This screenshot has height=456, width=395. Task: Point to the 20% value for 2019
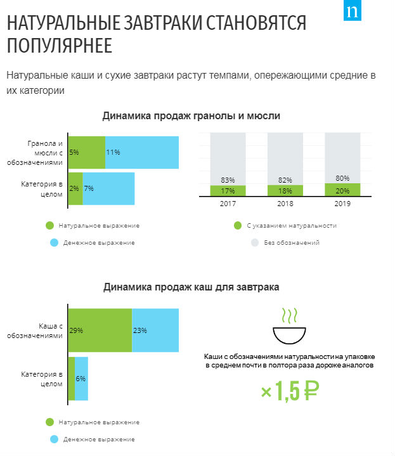click(342, 190)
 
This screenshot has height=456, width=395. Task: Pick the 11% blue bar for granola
click(142, 152)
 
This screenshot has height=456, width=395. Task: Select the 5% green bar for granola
click(87, 152)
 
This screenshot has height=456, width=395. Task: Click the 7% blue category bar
click(108, 188)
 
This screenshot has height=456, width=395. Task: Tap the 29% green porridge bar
click(100, 330)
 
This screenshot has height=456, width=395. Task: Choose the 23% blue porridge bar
click(155, 330)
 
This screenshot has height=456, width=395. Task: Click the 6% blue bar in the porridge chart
click(81, 379)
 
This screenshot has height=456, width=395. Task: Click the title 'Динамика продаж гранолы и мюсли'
click(191, 116)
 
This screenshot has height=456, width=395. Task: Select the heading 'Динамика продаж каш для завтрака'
click(191, 287)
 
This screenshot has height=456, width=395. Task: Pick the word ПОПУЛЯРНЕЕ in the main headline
click(60, 46)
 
